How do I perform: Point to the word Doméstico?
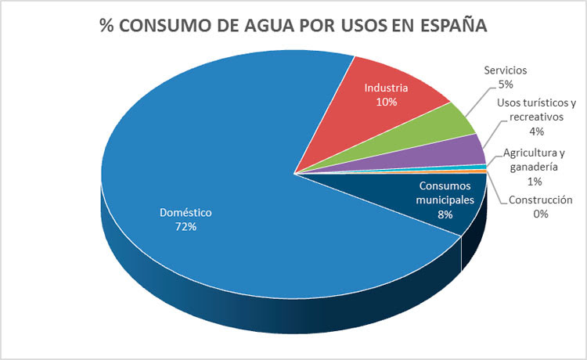[185, 212]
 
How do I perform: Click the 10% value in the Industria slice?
[386, 102]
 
